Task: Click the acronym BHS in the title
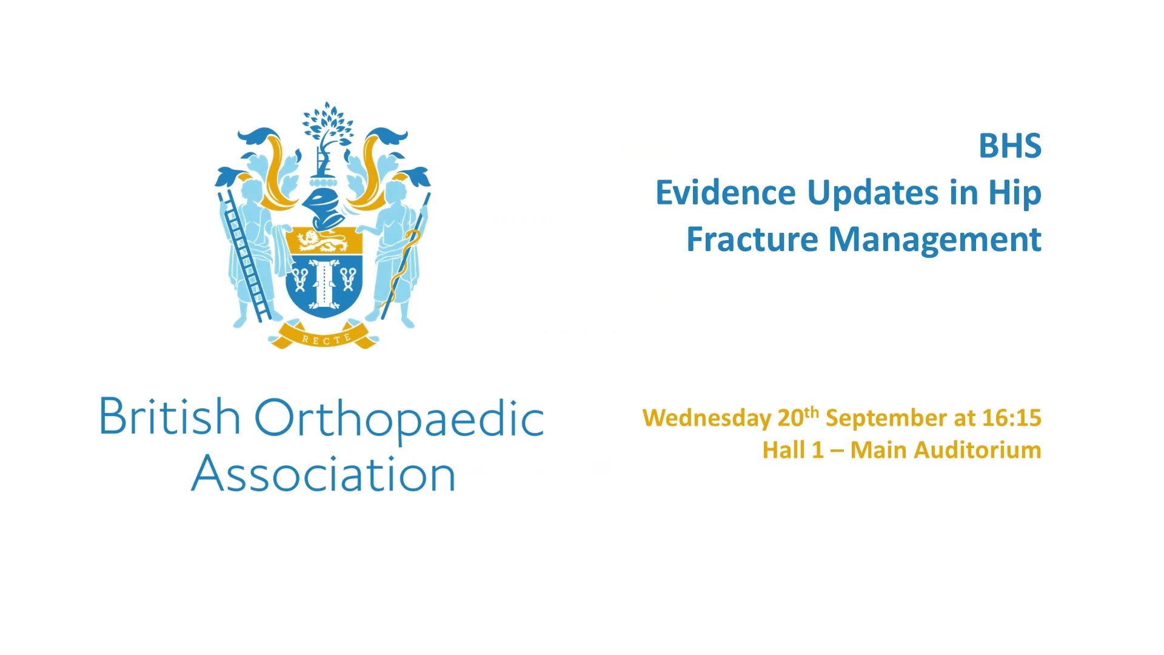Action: (1010, 146)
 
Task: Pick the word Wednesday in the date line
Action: (707, 418)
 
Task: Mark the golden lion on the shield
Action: (324, 241)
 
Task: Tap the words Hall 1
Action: (793, 450)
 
